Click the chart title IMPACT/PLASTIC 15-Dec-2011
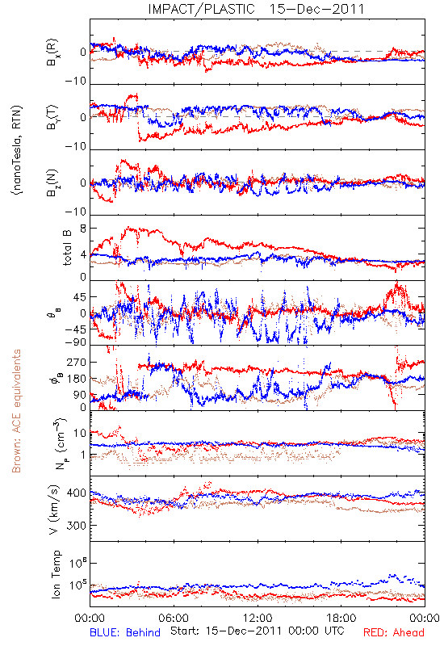click(x=256, y=9)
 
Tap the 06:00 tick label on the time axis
click(x=174, y=618)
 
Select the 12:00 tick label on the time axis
click(x=258, y=618)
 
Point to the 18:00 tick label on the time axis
click(x=341, y=618)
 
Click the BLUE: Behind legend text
click(x=125, y=632)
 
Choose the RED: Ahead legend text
click(x=394, y=632)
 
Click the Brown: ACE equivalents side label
click(x=16, y=411)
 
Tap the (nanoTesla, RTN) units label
click(x=17, y=150)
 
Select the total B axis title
click(x=67, y=247)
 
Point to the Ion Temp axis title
click(x=56, y=574)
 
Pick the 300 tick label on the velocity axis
click(x=76, y=526)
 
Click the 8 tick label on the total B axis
click(x=83, y=228)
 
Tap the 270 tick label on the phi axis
click(x=76, y=363)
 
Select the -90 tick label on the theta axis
click(x=76, y=342)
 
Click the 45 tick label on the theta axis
click(x=79, y=296)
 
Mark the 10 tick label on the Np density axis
click(x=80, y=433)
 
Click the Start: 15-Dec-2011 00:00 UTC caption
click(x=258, y=631)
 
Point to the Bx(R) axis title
click(x=52, y=52)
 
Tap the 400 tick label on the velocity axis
click(x=76, y=493)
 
